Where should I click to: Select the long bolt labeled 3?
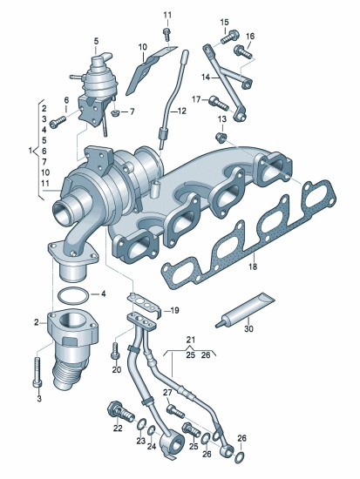[x=37, y=372]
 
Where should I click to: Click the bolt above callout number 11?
[x=166, y=34]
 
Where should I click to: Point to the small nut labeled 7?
[x=116, y=113]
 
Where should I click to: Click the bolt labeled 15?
[x=228, y=37]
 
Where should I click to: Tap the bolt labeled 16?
[x=243, y=51]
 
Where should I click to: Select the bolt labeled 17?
[x=219, y=104]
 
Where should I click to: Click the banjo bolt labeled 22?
[x=120, y=411]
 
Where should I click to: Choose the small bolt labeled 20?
[x=115, y=351]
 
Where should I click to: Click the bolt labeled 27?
[x=175, y=411]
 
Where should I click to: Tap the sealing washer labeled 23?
[x=141, y=424]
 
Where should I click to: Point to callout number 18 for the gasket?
[x=253, y=266]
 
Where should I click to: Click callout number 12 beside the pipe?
[x=181, y=111]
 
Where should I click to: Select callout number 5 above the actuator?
[x=96, y=41]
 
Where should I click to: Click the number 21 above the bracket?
[x=190, y=340]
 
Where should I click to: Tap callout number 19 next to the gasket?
[x=174, y=311]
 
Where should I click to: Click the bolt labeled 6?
[x=58, y=122]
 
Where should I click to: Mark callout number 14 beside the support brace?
[x=206, y=78]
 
